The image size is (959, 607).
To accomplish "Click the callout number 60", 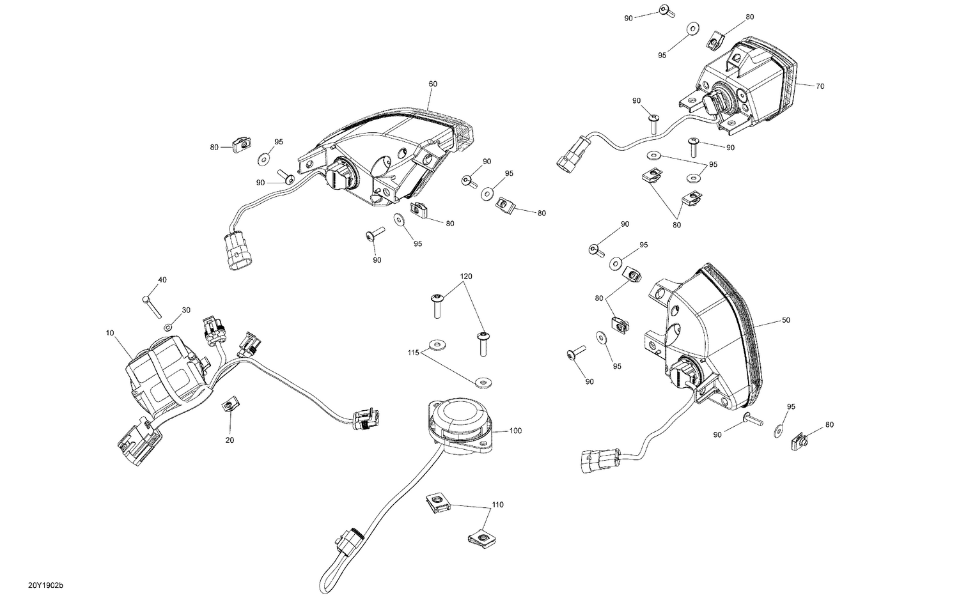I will [433, 84].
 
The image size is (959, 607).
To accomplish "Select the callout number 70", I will [820, 86].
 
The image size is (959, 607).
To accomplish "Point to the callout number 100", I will [515, 431].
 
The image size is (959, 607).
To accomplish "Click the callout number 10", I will [110, 333].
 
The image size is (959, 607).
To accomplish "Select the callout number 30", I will [186, 310].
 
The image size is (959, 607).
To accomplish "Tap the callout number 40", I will [162, 280].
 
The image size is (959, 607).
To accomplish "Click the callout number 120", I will [466, 276].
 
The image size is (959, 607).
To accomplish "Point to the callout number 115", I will [414, 352].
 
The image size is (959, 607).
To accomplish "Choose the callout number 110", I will [497, 505].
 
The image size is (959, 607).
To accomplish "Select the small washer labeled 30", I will [168, 327].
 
